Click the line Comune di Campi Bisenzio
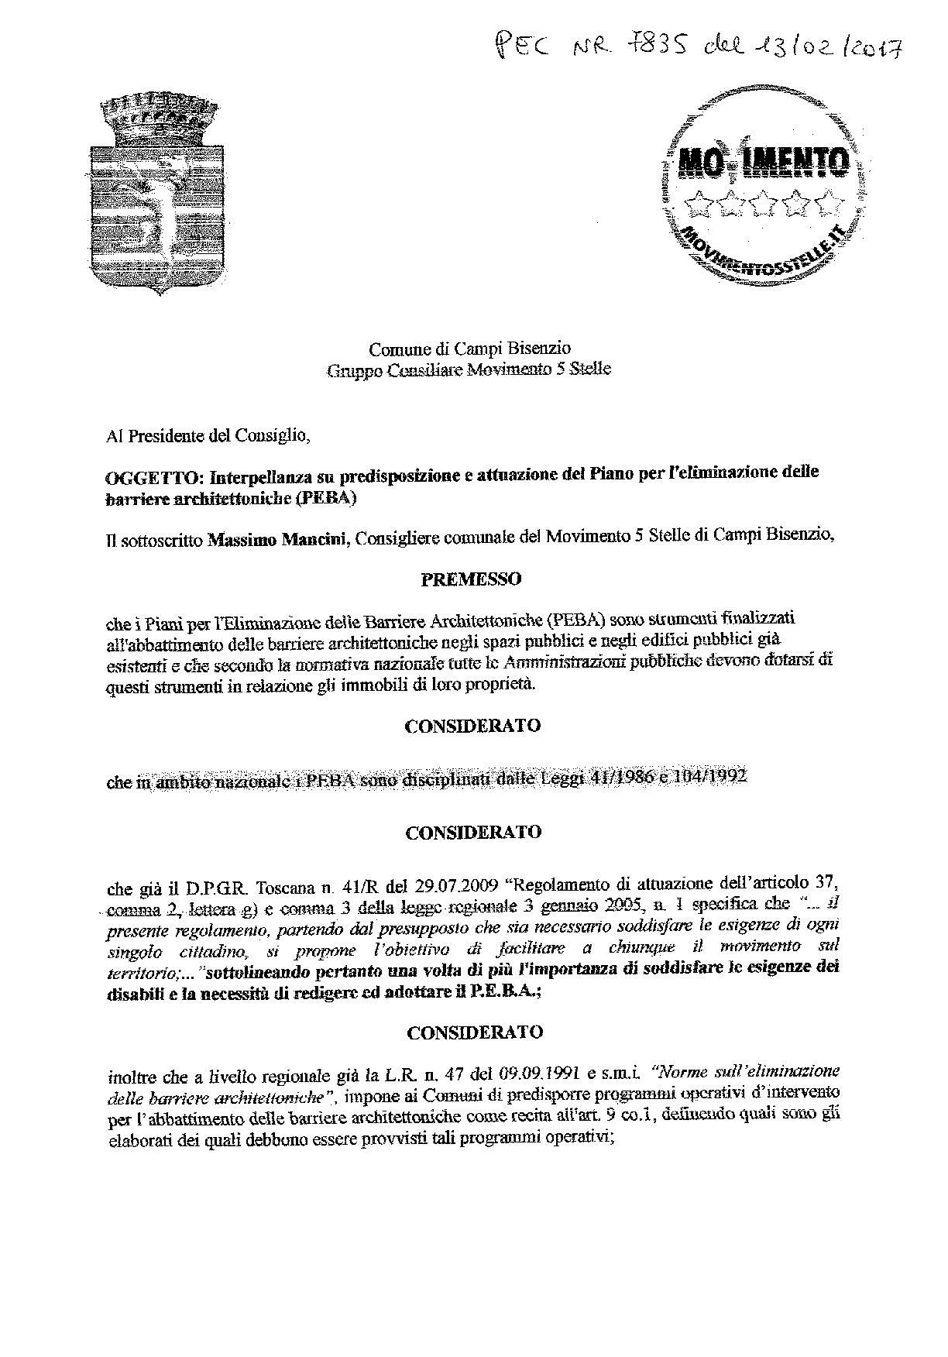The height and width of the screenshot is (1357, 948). [x=470, y=349]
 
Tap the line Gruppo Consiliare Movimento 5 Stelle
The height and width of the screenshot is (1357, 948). [x=469, y=369]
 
